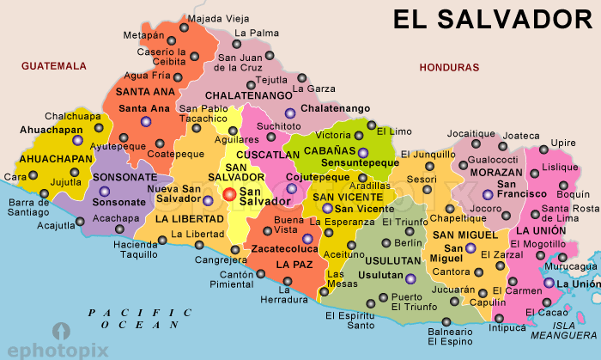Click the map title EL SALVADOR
coord(493,19)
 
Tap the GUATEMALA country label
coord(55,65)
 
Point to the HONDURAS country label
coord(448,67)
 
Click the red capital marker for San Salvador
coord(229,195)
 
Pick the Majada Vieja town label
coord(218,18)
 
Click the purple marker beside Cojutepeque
coord(291,188)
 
